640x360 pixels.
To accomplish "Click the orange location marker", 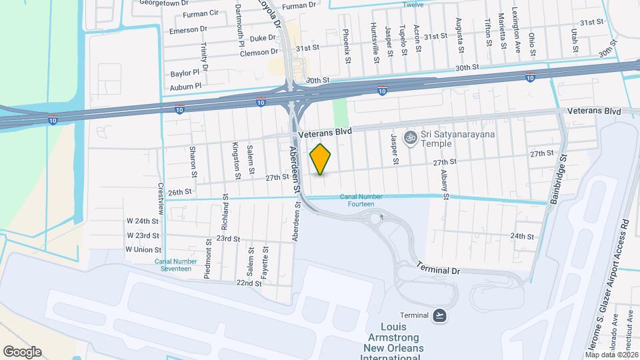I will coord(321,159).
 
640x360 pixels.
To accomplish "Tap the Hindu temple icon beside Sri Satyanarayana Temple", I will coord(411,138).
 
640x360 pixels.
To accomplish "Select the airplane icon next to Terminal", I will coord(439,315).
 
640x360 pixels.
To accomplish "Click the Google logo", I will coord(22,352).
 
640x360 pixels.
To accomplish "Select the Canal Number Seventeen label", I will coord(173,265).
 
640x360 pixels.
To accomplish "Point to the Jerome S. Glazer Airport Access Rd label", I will coord(610,287).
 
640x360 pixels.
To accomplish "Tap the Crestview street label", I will coord(161,195).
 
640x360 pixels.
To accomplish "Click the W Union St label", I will coord(142,249).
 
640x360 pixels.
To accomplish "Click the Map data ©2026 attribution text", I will coord(611,354).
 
